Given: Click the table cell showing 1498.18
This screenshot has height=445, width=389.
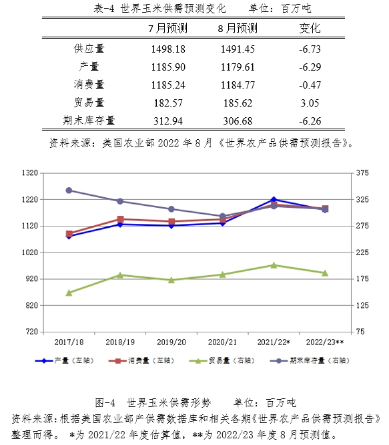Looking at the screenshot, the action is (168, 49).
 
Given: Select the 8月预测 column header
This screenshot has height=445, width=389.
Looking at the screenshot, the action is (238, 28).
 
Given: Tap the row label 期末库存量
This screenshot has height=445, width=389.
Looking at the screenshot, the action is (89, 121).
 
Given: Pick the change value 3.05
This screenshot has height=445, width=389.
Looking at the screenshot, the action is (310, 103).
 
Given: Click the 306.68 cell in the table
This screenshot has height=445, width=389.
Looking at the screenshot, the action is (238, 121).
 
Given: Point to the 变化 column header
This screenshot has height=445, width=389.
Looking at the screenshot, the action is (310, 28).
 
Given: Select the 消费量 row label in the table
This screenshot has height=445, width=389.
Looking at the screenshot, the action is (89, 85).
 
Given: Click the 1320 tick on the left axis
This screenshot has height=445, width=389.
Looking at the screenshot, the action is (30, 173).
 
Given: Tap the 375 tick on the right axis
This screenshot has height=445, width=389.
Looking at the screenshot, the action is (362, 173).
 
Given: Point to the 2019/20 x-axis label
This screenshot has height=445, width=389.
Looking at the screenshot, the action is (171, 342).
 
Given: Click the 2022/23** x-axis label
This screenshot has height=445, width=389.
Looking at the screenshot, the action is (325, 342).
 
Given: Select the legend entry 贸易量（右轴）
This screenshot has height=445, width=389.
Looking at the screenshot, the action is (222, 360).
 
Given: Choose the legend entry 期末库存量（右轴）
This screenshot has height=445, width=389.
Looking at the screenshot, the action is (310, 360).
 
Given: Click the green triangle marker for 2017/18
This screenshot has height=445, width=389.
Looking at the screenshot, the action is (69, 293).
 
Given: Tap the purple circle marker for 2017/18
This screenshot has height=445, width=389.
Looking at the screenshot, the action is (69, 191).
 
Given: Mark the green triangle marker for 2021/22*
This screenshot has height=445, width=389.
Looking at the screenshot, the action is (274, 265).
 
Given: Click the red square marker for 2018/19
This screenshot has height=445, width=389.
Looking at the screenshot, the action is (120, 219).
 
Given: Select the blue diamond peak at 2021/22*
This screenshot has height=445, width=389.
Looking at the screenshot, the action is (274, 200).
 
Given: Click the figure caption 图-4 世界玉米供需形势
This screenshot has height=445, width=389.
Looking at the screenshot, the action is (153, 402).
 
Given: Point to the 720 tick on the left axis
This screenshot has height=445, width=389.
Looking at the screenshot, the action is (32, 332).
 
